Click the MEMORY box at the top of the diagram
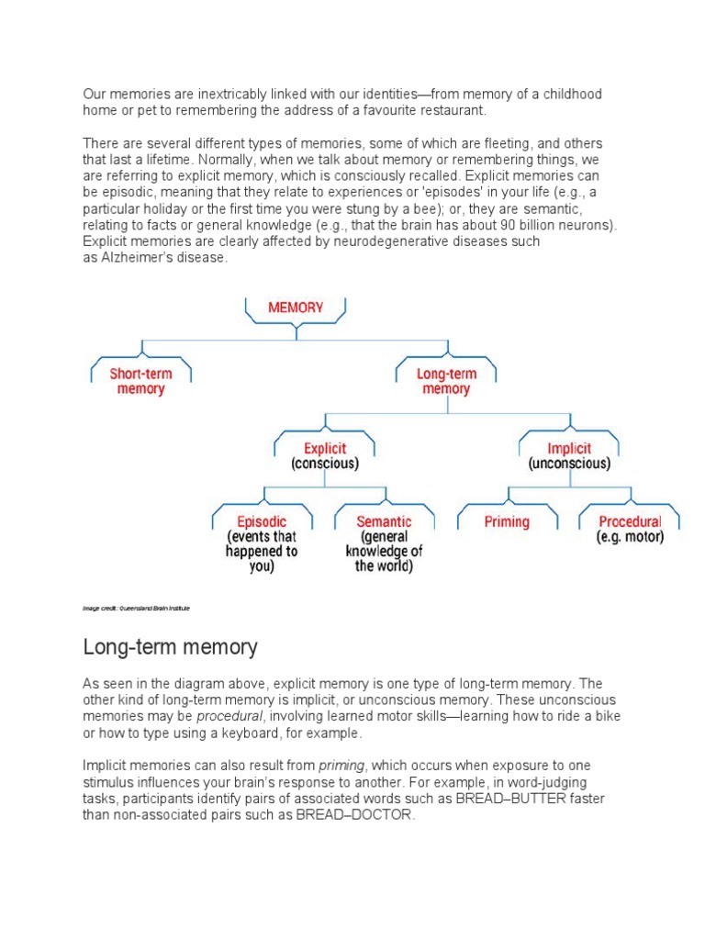tap(295, 308)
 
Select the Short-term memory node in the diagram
tap(140, 381)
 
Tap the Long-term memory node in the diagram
tap(445, 381)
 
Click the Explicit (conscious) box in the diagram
tap(324, 456)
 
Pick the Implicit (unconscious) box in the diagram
tap(568, 456)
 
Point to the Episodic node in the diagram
tap(261, 543)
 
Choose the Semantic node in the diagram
tap(384, 543)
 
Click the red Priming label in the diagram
tap(507, 522)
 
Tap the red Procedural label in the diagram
tap(630, 522)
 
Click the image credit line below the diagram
tap(136, 608)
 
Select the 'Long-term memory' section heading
tap(170, 647)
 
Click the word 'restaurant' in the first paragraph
tap(451, 111)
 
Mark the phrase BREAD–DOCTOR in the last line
tap(356, 815)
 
